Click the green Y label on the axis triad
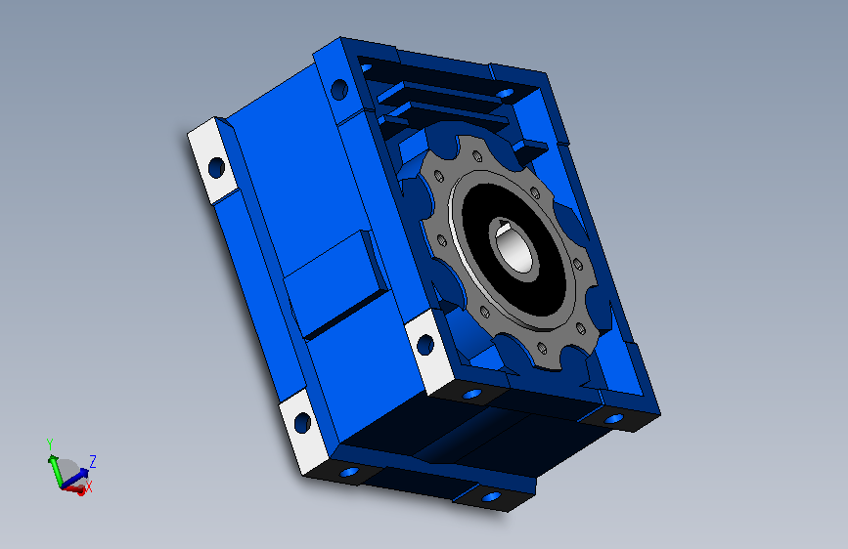pos(50,444)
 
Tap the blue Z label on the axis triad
pos(93,461)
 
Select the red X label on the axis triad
pos(89,486)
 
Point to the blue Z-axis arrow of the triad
pos(74,477)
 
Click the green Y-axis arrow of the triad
pos(54,470)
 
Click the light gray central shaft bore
pos(515,252)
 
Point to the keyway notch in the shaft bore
pos(504,228)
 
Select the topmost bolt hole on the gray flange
pos(477,156)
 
